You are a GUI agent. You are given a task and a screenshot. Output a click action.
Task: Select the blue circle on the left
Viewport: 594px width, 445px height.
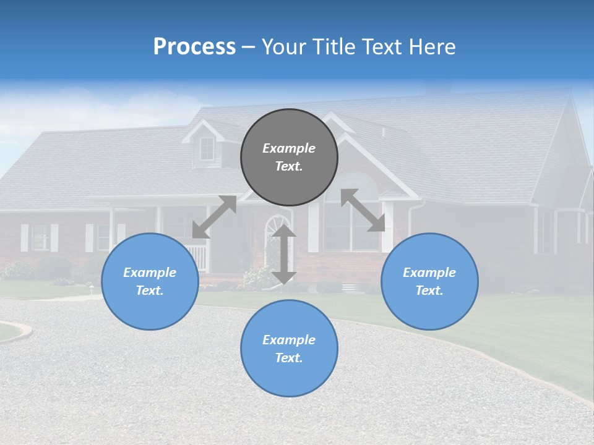150,281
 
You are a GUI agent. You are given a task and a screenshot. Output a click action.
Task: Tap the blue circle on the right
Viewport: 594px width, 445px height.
429,281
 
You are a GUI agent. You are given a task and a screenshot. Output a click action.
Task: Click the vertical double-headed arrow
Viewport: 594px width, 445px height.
284,254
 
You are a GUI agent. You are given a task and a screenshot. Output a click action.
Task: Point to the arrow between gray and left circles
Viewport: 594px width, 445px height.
214,216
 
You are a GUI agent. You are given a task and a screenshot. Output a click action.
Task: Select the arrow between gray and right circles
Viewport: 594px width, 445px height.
363,210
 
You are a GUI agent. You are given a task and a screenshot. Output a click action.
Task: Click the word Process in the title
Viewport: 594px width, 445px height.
194,47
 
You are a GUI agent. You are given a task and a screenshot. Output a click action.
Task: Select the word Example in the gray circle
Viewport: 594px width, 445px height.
289,148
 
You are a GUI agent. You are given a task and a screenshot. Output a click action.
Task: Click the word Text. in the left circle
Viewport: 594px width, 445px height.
150,290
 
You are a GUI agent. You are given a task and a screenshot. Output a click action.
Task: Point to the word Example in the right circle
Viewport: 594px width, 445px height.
429,273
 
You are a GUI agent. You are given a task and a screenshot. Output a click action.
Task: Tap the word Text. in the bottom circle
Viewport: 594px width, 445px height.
289,358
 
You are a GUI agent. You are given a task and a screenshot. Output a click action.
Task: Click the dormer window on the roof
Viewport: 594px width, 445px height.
207,148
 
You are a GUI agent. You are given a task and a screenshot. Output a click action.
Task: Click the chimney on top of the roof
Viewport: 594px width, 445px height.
438,88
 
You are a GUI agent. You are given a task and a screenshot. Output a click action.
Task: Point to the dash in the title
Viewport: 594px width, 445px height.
248,48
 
